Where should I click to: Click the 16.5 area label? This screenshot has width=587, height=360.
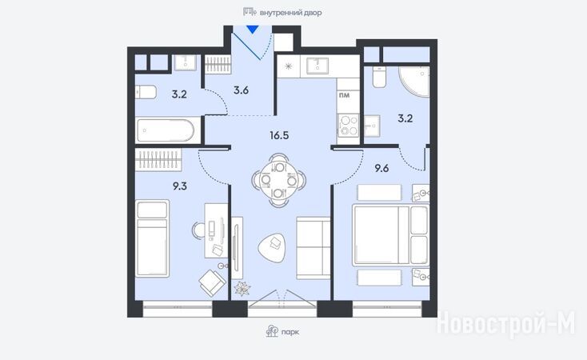pyautogui.click(x=279, y=135)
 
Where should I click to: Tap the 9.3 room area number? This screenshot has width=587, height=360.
pyautogui.click(x=180, y=186)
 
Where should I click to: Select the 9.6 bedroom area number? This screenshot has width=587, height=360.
pyautogui.click(x=381, y=168)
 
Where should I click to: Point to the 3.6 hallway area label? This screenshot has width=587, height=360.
pyautogui.click(x=241, y=90)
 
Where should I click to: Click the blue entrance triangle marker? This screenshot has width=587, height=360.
pyautogui.click(x=253, y=30)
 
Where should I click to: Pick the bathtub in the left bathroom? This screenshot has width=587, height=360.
pyautogui.click(x=166, y=130)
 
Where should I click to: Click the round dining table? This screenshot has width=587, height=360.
pyautogui.click(x=279, y=180)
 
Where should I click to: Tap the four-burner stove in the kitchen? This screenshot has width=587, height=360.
pyautogui.click(x=348, y=126)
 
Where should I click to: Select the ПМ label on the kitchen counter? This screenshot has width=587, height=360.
pyautogui.click(x=344, y=95)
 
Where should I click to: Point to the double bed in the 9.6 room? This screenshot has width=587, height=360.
pyautogui.click(x=390, y=235)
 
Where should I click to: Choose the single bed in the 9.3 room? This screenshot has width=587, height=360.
pyautogui.click(x=152, y=238)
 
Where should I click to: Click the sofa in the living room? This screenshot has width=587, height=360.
pyautogui.click(x=313, y=248)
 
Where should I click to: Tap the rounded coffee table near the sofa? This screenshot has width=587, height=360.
pyautogui.click(x=272, y=248)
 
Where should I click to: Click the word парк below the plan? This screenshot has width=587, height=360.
pyautogui.click(x=290, y=332)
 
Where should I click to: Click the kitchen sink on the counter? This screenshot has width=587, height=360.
pyautogui.click(x=317, y=66)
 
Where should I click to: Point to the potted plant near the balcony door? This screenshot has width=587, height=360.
pyautogui.click(x=242, y=288)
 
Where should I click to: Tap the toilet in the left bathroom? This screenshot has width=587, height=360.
pyautogui.click(x=146, y=92)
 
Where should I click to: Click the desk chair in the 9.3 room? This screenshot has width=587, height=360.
pyautogui.click(x=199, y=230)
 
